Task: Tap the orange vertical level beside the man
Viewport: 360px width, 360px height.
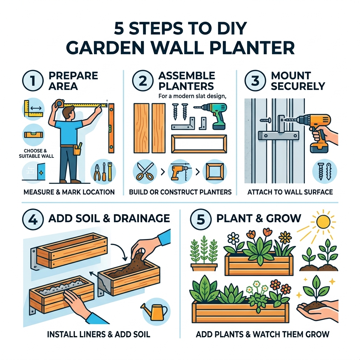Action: click(111, 128)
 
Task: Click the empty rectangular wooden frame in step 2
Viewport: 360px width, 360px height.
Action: click(199, 144)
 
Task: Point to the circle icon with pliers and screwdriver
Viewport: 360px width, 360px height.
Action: click(103, 172)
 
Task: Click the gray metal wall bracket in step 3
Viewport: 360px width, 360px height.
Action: click(278, 135)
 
